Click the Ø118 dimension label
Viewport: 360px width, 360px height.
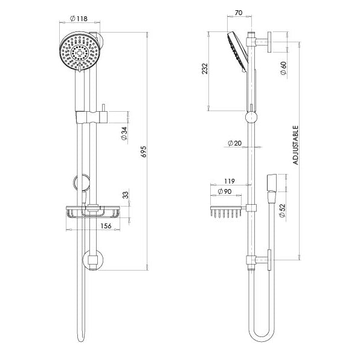(x=79, y=19)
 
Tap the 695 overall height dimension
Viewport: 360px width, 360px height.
(x=144, y=151)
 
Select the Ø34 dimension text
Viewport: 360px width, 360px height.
(x=124, y=133)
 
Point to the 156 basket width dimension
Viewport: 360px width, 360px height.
(x=106, y=226)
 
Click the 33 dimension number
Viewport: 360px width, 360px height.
(x=126, y=195)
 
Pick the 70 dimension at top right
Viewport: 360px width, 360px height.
(x=239, y=13)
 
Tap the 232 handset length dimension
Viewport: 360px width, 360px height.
(x=205, y=68)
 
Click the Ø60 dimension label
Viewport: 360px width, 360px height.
(x=283, y=68)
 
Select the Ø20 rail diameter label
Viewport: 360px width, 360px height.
(x=234, y=143)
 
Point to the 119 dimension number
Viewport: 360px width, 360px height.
(x=230, y=181)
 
